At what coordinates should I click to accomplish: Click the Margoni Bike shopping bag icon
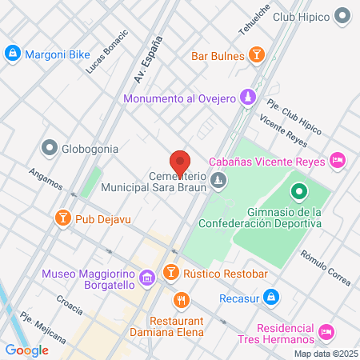pyautogui.click(x=12, y=54)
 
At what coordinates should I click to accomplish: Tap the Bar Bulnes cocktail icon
pyautogui.click(x=256, y=56)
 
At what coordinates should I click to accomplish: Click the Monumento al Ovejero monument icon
pyautogui.click(x=249, y=98)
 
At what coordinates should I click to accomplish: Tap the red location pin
pyautogui.click(x=180, y=162)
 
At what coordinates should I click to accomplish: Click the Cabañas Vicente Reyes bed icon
pyautogui.click(x=338, y=161)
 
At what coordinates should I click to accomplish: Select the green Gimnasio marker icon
pyautogui.click(x=298, y=192)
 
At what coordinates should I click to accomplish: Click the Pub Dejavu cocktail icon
pyautogui.click(x=62, y=218)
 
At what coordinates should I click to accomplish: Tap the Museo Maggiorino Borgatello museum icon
pyautogui.click(x=146, y=278)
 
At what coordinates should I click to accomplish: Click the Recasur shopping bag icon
pyautogui.click(x=272, y=296)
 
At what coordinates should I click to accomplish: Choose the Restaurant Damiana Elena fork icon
pyautogui.click(x=182, y=301)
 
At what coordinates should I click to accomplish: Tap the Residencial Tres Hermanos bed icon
pyautogui.click(x=326, y=331)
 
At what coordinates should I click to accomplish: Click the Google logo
pyautogui.click(x=26, y=350)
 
